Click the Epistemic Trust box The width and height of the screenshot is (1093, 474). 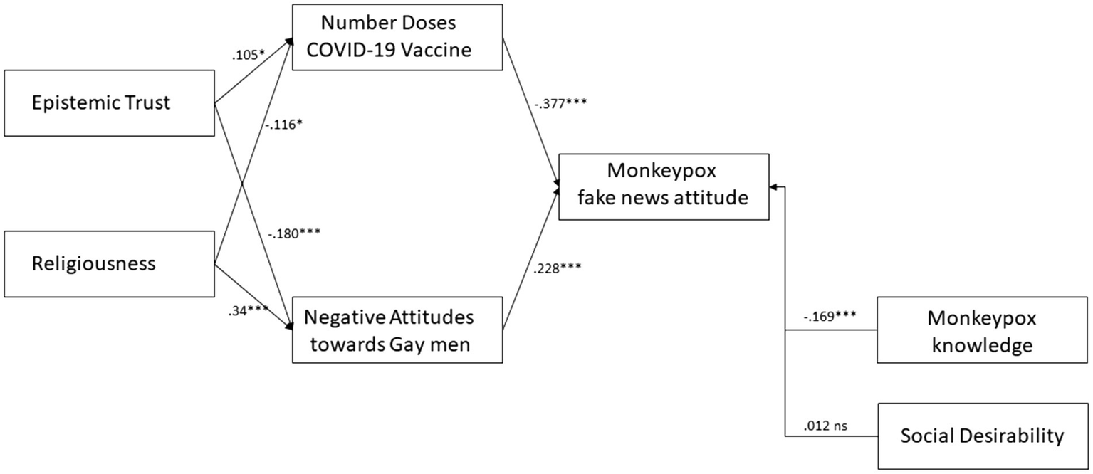pyautogui.click(x=109, y=102)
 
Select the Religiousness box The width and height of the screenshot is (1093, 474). pyautogui.click(x=109, y=264)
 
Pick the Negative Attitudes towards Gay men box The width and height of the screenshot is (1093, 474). pyautogui.click(x=397, y=330)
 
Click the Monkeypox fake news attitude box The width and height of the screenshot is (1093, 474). pyautogui.click(x=663, y=186)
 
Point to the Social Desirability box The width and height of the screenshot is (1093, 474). pyautogui.click(x=982, y=436)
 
